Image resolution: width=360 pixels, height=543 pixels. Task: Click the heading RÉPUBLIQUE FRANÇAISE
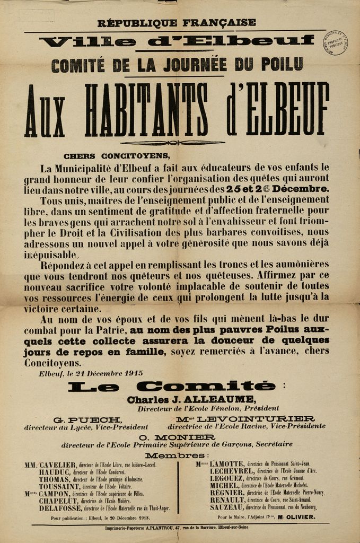click(x=177, y=23)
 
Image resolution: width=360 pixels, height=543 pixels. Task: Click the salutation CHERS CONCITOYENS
click(x=117, y=156)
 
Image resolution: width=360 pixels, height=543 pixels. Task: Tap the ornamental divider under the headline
click(x=173, y=143)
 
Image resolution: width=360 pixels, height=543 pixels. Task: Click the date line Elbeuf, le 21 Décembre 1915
click(x=91, y=373)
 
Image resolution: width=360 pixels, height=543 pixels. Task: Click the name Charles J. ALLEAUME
click(x=191, y=399)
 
